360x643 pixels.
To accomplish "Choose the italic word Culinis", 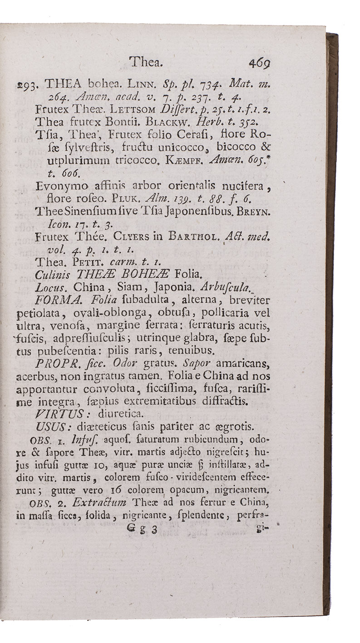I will [x=51, y=274].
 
